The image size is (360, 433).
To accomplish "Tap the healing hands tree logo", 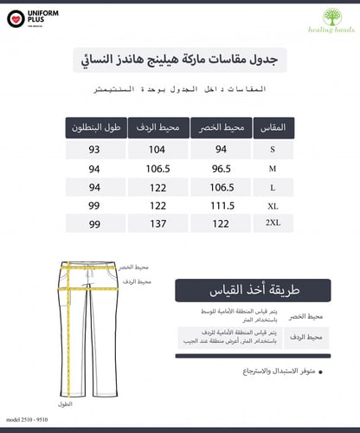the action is click(x=331, y=18).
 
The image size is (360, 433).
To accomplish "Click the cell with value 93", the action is click(x=93, y=150).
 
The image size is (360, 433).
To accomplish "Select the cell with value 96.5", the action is click(x=224, y=168).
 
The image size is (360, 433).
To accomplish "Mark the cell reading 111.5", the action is click(x=224, y=205).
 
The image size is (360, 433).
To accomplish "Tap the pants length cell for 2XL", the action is click(x=93, y=223).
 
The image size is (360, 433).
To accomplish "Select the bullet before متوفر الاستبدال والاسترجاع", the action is click(x=320, y=372).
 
